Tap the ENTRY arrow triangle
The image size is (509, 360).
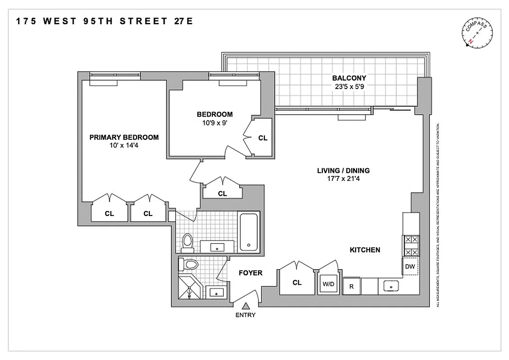[x=246, y=306]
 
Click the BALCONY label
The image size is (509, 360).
[x=346, y=78]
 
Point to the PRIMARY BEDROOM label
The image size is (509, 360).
[x=124, y=137]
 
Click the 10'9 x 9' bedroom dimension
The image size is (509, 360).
[x=214, y=122]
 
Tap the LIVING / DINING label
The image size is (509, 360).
[x=344, y=171]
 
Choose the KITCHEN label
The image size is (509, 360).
[x=365, y=250]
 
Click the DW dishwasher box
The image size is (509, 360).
[x=410, y=266]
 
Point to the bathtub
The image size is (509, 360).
[x=248, y=232]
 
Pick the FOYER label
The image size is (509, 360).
[x=250, y=273]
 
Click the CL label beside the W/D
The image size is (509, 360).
[x=297, y=283]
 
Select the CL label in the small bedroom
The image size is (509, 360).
[x=263, y=138]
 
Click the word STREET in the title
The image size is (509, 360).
[x=140, y=21]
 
